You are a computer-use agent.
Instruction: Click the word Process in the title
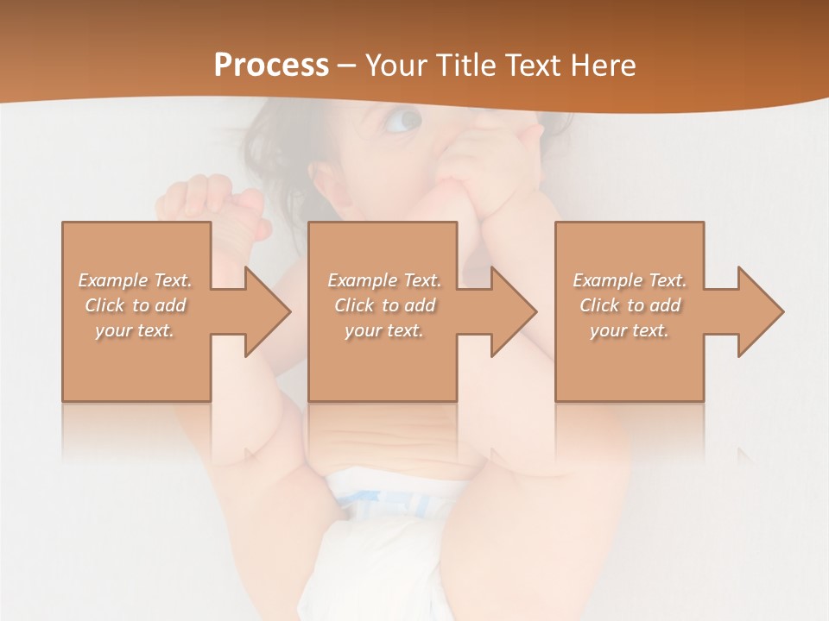click(271, 66)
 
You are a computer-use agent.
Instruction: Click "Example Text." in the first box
click(136, 280)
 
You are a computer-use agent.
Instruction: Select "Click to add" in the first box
click(136, 305)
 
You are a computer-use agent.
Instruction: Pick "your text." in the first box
click(136, 330)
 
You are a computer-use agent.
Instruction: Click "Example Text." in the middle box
click(384, 280)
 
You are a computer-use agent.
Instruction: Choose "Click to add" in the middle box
click(384, 305)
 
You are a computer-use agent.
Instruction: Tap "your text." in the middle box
click(384, 330)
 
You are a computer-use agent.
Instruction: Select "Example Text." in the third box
click(630, 280)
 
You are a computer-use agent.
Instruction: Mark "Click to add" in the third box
click(630, 305)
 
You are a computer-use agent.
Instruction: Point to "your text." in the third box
click(630, 330)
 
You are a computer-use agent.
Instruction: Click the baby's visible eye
click(404, 120)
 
